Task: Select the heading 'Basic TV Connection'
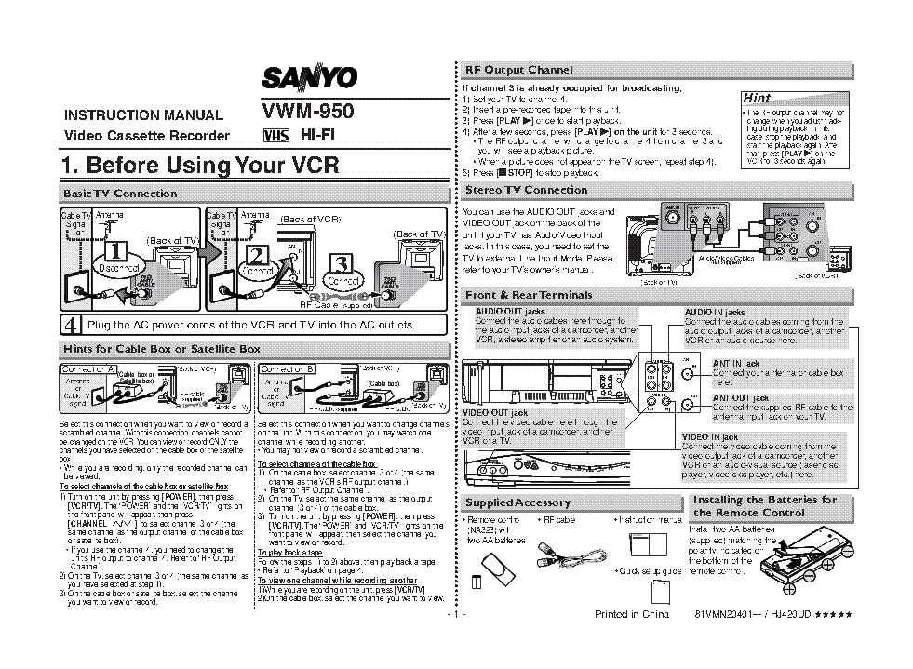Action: pos(119,194)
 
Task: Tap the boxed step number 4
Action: pos(71,325)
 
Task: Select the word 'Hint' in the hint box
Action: pos(757,98)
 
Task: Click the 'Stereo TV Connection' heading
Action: pos(527,190)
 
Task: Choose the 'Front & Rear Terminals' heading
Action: pos(529,295)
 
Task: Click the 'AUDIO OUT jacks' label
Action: pos(510,312)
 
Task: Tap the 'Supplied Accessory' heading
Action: pos(517,502)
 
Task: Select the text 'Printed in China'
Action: pos(632,615)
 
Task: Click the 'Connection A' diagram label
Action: pos(87,369)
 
